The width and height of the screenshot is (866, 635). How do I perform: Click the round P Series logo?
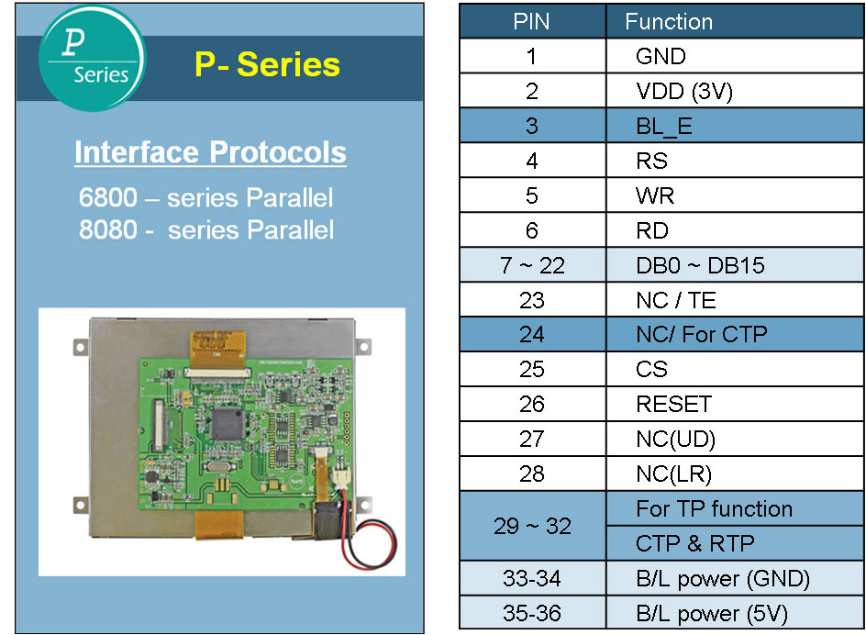coord(92,58)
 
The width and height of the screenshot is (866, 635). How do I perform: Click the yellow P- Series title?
coord(267,64)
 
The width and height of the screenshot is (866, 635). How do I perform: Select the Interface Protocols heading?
coord(210,152)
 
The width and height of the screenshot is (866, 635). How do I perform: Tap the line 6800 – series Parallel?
coord(206,197)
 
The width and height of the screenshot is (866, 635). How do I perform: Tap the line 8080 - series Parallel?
coord(206,229)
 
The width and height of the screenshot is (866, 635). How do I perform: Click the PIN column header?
coord(532,22)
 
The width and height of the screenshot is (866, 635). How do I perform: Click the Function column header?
coord(669,22)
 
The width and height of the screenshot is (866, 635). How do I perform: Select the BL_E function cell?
coord(664,126)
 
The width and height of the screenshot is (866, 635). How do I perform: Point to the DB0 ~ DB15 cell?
coord(700,265)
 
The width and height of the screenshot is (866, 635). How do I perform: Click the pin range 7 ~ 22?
coord(532,265)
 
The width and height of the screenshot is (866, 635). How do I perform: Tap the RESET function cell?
coord(673,404)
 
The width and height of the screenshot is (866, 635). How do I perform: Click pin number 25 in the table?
coord(532,369)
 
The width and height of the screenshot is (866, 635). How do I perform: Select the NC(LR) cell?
coord(673,473)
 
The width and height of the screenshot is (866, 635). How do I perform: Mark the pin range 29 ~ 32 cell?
coord(532,526)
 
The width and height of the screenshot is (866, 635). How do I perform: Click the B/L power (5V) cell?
coord(711,613)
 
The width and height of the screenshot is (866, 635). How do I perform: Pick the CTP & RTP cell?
coord(694,543)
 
